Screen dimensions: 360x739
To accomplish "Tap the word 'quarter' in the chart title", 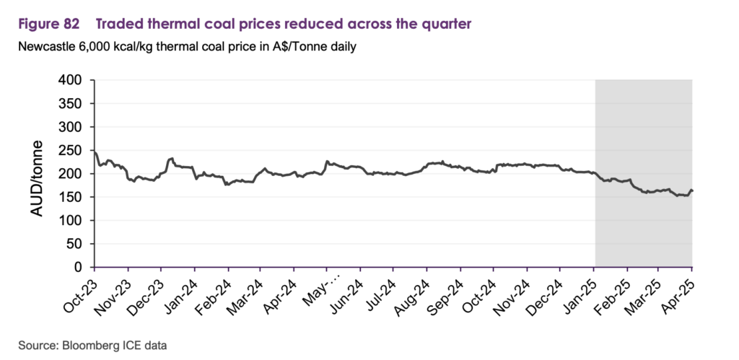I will (x=446, y=25).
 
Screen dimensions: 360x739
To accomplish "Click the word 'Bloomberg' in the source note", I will (x=88, y=346).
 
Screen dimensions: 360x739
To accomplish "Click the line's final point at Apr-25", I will (x=692, y=191).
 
